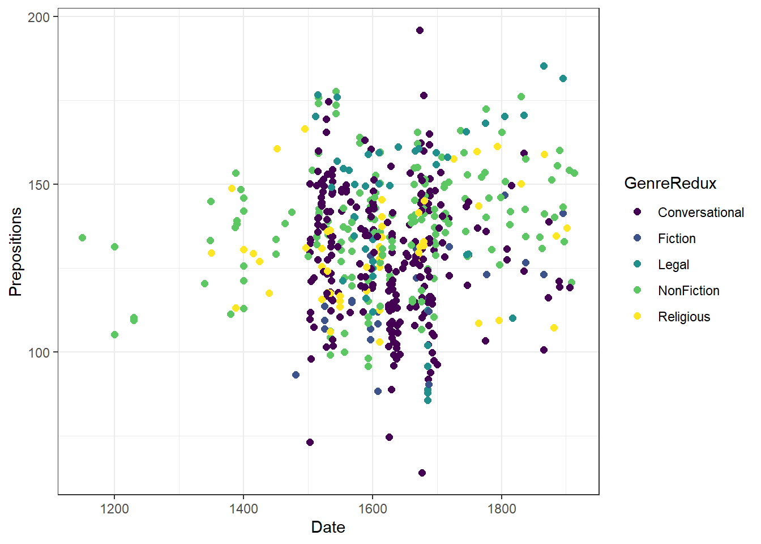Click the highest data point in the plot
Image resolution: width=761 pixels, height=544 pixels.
420,31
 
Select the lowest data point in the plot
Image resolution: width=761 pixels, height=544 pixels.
422,473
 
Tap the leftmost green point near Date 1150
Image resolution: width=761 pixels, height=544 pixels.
82,237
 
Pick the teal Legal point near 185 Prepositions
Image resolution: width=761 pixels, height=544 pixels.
544,66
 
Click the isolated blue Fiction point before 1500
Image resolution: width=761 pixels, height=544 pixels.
296,375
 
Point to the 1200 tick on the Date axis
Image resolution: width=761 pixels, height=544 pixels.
114,509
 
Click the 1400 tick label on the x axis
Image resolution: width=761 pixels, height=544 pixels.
243,509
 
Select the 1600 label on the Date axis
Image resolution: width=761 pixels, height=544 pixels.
373,509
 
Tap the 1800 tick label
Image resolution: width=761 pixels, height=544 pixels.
502,509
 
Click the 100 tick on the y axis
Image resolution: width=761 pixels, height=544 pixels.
39,352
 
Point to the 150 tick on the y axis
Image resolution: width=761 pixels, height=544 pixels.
39,185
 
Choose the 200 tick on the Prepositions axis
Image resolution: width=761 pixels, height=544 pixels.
39,17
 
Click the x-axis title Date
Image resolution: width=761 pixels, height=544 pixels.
328,528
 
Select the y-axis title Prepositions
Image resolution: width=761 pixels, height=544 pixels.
15,251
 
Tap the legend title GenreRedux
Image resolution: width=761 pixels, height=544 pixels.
670,184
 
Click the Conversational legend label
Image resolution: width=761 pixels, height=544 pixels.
700,212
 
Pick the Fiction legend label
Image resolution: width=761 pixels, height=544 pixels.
677,239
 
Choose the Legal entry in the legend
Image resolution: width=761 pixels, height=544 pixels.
673,265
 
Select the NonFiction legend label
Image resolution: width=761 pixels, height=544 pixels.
689,291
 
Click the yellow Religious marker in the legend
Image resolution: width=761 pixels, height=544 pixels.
638,316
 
